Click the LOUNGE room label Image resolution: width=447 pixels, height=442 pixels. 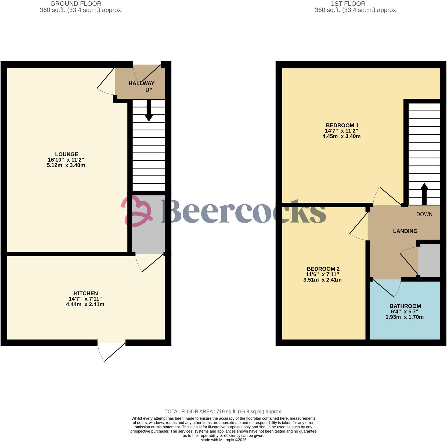click(67, 154)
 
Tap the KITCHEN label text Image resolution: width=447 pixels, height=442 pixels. click(86, 293)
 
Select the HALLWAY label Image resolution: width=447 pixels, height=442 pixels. click(141, 83)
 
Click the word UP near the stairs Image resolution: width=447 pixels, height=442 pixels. click(149, 90)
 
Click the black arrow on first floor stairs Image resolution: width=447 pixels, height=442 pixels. click(424, 194)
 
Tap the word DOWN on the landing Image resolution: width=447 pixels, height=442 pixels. click(424, 214)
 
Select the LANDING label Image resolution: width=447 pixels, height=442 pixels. click(405, 231)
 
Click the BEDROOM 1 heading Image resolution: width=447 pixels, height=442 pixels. click(342, 125)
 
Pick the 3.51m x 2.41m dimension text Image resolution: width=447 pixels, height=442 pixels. click(322, 280)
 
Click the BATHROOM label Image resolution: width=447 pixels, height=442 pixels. click(405, 306)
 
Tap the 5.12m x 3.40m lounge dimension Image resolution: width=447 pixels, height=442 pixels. click(66, 165)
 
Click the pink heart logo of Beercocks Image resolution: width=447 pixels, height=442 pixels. click(137, 211)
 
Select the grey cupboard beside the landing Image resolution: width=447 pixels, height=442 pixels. click(429, 260)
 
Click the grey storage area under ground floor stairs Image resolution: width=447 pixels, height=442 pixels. click(148, 237)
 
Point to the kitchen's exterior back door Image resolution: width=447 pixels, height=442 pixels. click(111, 350)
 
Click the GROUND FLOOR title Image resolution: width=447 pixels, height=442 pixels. click(76, 4)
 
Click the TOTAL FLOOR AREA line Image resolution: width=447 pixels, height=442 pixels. click(223, 411)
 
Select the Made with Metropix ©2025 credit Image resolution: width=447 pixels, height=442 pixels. click(223, 440)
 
